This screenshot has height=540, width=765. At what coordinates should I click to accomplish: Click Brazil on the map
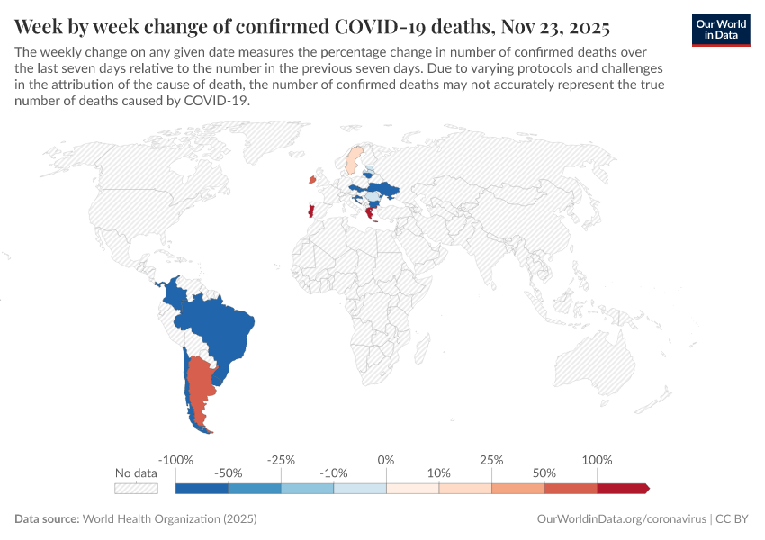[220, 328]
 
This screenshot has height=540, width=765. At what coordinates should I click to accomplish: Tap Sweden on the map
[354, 159]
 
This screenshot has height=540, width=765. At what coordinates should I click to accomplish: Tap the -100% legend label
[175, 460]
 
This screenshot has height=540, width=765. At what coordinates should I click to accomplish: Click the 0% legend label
[386, 460]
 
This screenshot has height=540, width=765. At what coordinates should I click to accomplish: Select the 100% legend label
[597, 460]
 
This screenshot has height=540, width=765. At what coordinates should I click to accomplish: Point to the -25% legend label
[281, 460]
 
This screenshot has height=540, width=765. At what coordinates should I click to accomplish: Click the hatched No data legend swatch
[136, 488]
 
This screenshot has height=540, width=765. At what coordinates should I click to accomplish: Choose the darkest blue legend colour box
[202, 488]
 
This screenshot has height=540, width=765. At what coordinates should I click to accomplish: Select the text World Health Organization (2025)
[169, 519]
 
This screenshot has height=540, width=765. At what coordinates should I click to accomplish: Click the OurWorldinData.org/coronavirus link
[620, 519]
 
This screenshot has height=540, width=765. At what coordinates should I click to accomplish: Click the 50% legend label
[544, 472]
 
